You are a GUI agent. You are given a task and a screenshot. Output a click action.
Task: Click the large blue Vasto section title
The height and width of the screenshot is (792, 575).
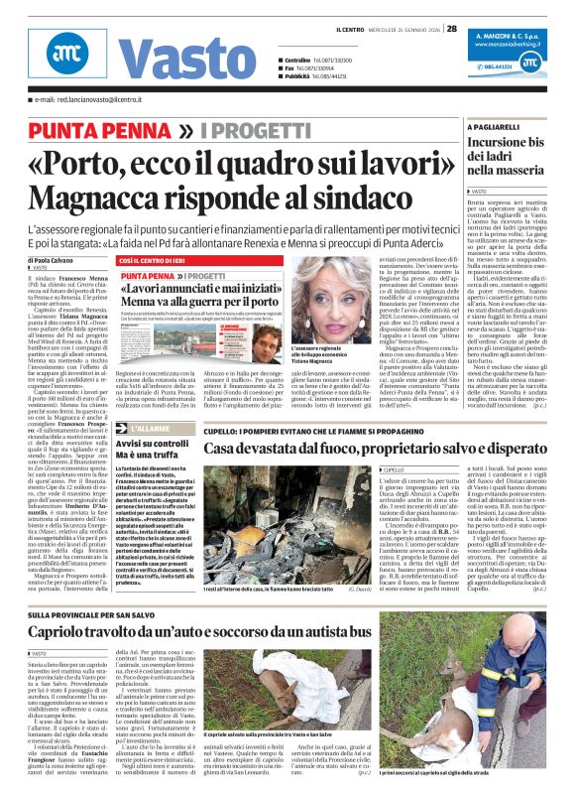173,56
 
